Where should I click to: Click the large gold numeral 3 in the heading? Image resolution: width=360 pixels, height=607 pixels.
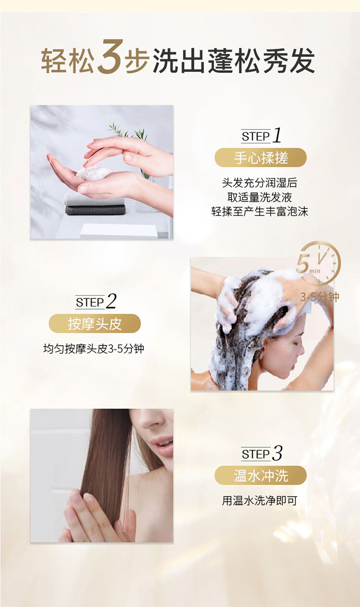pos(110,58)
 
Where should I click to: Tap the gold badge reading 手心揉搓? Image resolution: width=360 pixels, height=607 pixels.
pos(260,157)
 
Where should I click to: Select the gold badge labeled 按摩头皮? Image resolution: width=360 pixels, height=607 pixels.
pos(95,323)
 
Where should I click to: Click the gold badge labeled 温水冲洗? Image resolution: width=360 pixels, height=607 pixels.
pos(260,475)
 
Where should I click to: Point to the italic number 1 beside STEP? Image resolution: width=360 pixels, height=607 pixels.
pos(277,136)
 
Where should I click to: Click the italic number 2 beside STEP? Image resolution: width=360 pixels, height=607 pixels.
pos(111,301)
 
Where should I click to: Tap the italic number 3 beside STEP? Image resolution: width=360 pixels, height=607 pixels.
pos(277,453)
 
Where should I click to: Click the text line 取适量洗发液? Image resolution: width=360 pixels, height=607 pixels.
pos(260,197)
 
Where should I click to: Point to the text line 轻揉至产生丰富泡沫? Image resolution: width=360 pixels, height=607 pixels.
pos(260,211)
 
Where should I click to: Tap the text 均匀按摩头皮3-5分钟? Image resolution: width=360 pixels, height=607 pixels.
pos(94,348)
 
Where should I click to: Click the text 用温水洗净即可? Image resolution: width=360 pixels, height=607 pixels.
pos(260,501)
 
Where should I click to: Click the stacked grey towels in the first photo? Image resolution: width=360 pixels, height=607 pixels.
pos(95,203)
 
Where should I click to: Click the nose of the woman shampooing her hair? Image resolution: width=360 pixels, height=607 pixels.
pos(301,349)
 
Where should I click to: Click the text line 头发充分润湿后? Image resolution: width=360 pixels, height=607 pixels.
pos(260,183)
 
